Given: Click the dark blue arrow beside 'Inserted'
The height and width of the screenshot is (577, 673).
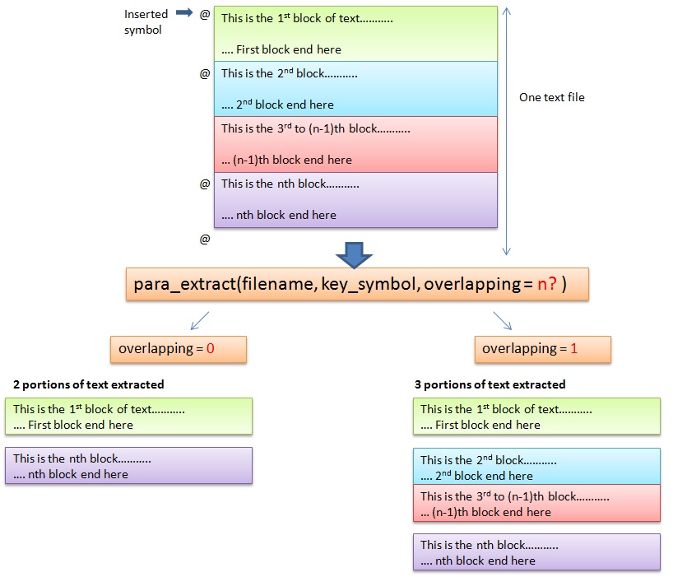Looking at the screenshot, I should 183,13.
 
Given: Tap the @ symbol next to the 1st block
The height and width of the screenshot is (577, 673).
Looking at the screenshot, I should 205,15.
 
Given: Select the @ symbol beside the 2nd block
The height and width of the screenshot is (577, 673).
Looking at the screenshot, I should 205,73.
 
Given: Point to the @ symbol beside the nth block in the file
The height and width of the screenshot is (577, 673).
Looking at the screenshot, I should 205,184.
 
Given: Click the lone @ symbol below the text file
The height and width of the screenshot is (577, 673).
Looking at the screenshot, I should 205,239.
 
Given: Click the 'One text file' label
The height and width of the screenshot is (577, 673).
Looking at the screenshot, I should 551,97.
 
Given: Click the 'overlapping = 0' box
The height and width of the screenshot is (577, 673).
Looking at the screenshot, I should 167,349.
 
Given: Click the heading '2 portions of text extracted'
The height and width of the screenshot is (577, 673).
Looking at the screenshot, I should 89,384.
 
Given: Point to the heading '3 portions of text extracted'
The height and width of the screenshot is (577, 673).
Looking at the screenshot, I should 490,384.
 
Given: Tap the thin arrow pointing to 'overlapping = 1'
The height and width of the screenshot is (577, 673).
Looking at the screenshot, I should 503,321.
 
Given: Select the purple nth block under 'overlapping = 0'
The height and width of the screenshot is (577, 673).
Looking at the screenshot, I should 128,466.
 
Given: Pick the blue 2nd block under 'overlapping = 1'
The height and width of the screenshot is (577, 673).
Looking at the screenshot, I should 536,467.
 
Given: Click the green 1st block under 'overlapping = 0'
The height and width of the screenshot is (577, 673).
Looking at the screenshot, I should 128,416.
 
